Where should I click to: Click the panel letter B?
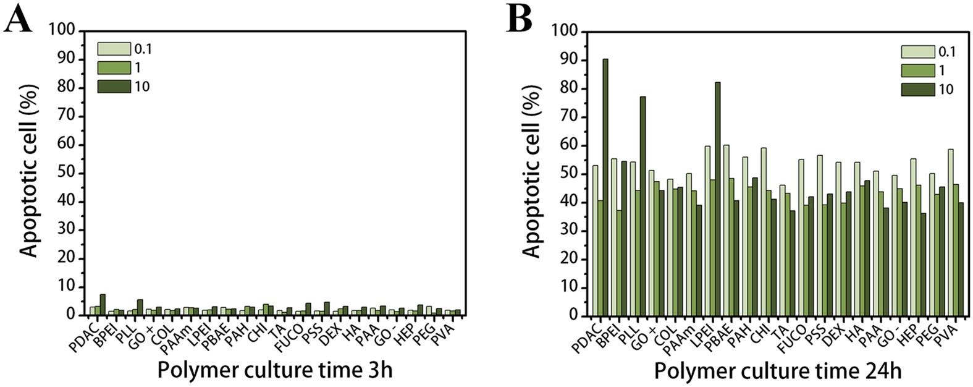coord(520,20)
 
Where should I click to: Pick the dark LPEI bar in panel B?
coord(718,198)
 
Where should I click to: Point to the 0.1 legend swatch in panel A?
coord(114,49)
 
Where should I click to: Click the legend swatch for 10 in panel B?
coord(917,89)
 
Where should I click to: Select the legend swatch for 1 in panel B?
coord(917,70)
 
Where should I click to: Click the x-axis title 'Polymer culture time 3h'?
coord(275,370)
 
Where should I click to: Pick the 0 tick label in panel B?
coord(573,316)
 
